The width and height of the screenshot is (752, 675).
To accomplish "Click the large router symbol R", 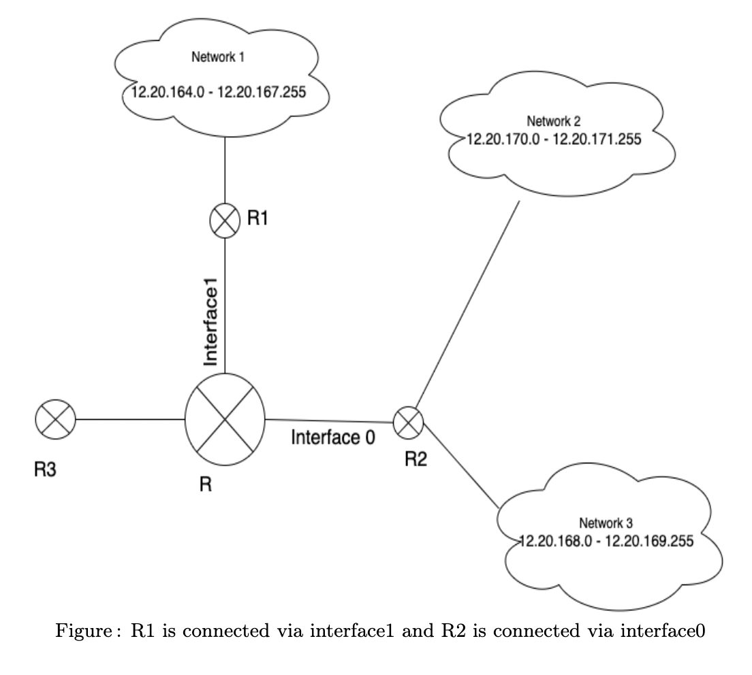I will [x=225, y=416].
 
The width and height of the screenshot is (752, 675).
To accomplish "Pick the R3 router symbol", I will [x=55, y=419].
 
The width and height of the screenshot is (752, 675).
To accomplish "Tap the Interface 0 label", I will [x=333, y=438].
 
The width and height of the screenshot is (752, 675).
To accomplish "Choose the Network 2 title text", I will [x=554, y=122].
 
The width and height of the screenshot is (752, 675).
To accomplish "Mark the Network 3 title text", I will [x=606, y=523].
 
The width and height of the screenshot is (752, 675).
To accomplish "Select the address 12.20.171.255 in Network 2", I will [x=603, y=139].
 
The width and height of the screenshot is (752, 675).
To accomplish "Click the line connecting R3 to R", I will [x=129, y=419].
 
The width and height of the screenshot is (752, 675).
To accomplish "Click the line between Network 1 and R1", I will [x=225, y=170].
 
